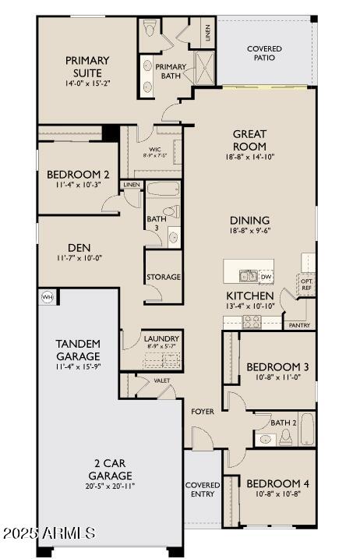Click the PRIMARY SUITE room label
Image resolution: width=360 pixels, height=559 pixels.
point(86,66)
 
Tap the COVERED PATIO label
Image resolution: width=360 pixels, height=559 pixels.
point(264,53)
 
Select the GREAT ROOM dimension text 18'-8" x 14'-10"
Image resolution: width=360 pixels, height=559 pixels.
point(249,157)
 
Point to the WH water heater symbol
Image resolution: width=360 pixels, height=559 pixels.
point(46,297)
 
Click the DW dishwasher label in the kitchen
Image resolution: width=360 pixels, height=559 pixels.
point(266,277)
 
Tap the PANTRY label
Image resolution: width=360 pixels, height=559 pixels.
point(299,325)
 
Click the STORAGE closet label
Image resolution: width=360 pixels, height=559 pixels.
point(164,277)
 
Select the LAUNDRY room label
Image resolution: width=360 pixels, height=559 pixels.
point(162,338)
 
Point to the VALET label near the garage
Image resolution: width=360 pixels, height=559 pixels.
point(162,380)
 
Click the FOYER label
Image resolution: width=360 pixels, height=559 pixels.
point(203,411)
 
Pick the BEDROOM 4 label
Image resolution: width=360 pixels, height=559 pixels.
point(277,484)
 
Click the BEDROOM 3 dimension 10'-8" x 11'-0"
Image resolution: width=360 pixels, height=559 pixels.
point(277,378)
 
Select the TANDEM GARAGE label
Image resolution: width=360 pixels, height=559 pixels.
point(77,350)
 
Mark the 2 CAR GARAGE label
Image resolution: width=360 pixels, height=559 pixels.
point(109,470)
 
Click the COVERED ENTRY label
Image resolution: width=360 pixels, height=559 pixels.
point(203,490)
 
